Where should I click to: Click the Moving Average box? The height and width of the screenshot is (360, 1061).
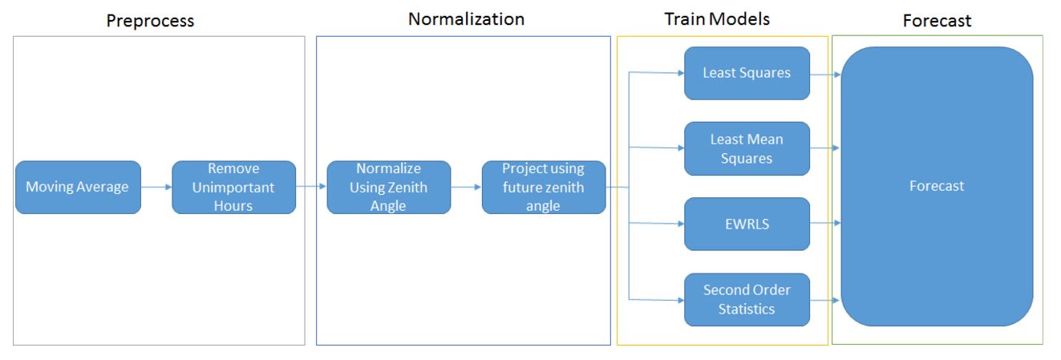click(78, 187)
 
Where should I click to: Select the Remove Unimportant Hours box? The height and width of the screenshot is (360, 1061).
click(234, 187)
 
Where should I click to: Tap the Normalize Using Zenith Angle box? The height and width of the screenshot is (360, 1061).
click(389, 187)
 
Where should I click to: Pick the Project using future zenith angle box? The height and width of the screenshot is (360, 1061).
click(544, 187)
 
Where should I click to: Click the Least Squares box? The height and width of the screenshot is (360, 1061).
click(747, 73)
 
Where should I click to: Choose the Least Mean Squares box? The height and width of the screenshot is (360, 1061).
click(747, 149)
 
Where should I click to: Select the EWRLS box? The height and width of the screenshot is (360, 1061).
click(747, 224)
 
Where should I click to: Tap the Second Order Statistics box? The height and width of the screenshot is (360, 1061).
click(747, 299)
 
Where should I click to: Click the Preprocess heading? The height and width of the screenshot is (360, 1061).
click(150, 21)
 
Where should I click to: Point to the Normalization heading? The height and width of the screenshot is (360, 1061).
click(467, 19)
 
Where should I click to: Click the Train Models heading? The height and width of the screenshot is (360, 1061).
click(717, 19)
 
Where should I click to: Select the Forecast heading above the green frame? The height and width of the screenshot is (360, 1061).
click(937, 21)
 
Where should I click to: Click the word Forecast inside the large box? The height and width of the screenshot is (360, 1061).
click(937, 186)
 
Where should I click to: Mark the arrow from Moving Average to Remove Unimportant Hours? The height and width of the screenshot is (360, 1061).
click(156, 187)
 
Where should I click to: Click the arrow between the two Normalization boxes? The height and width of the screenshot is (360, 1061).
click(466, 187)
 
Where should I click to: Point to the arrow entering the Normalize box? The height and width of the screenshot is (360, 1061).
click(311, 187)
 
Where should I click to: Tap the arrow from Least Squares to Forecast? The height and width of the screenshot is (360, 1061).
click(825, 75)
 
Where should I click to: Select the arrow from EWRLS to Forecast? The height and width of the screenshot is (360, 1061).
click(825, 223)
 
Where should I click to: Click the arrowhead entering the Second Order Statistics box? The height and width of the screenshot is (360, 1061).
click(681, 300)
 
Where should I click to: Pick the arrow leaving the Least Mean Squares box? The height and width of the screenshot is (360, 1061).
click(825, 148)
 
